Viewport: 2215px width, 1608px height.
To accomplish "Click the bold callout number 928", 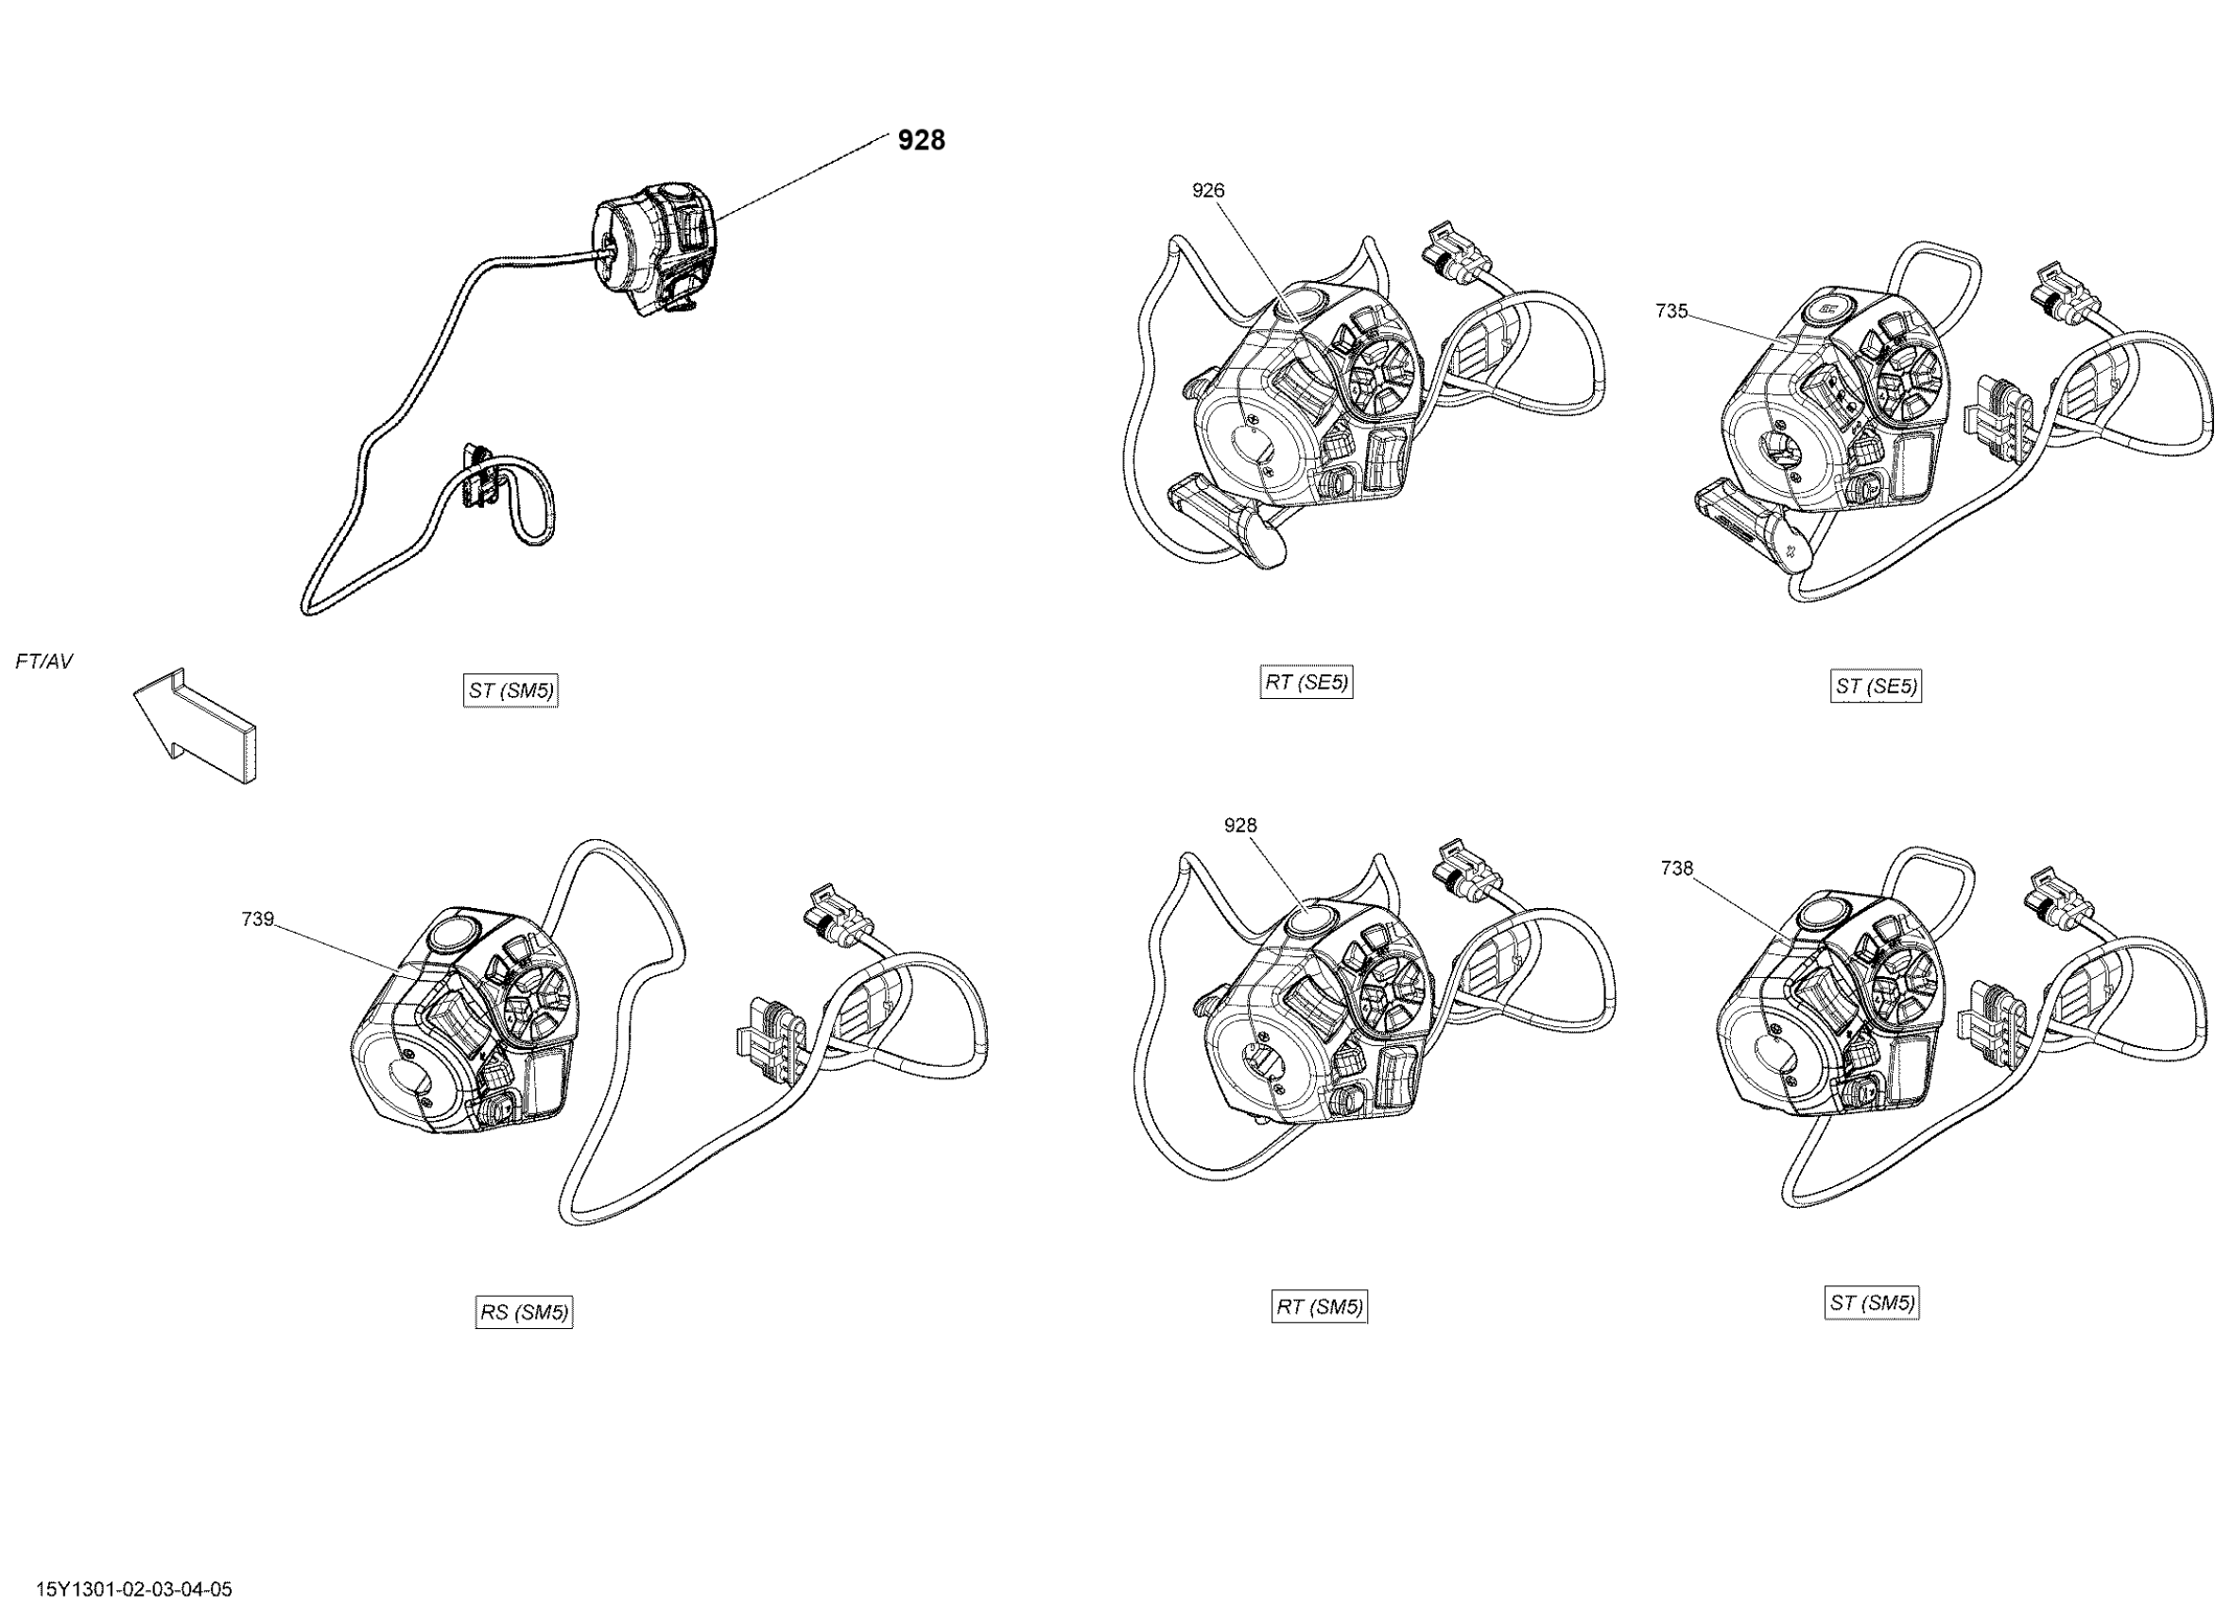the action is click(x=921, y=141).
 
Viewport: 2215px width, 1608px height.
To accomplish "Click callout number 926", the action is click(x=1207, y=190).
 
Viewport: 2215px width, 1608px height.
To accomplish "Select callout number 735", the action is click(x=1671, y=310).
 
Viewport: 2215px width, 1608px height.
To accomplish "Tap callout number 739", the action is click(x=258, y=919).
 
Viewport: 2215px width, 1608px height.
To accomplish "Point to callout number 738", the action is click(x=1676, y=867).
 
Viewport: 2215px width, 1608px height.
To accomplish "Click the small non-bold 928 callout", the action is click(x=1239, y=826).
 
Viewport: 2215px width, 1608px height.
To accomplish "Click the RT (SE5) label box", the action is click(x=1306, y=683).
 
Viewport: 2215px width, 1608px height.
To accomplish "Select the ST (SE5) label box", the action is click(x=1875, y=687).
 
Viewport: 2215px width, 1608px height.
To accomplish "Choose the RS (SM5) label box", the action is click(x=524, y=1312).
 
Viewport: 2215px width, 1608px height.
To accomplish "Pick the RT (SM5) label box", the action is click(x=1319, y=1307).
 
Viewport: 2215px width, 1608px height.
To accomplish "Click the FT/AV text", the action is click(x=43, y=662).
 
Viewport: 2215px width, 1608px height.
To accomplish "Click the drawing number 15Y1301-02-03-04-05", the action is click(x=134, y=1589).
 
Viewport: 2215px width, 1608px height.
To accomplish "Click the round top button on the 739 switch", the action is click(x=451, y=934).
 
